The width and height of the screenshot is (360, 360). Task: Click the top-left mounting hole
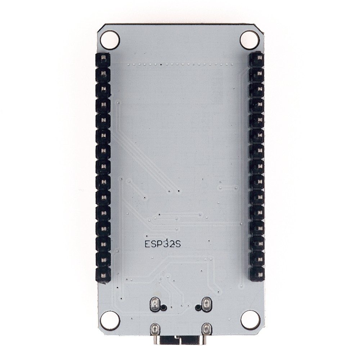110,40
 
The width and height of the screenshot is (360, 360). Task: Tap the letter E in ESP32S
147,244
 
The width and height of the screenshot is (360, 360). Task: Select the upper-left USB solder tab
154,304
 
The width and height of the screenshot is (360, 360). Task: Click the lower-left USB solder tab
155,329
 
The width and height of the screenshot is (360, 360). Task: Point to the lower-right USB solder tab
206,328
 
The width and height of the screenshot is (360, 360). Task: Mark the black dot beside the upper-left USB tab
163,308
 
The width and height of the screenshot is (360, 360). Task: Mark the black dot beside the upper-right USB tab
197,308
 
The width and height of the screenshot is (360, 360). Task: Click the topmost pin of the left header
104,59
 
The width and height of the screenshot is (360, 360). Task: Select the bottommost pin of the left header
104,275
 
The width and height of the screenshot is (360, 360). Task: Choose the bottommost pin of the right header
257,274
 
